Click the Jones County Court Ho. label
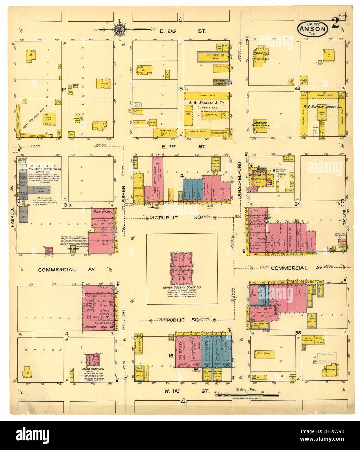181,287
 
